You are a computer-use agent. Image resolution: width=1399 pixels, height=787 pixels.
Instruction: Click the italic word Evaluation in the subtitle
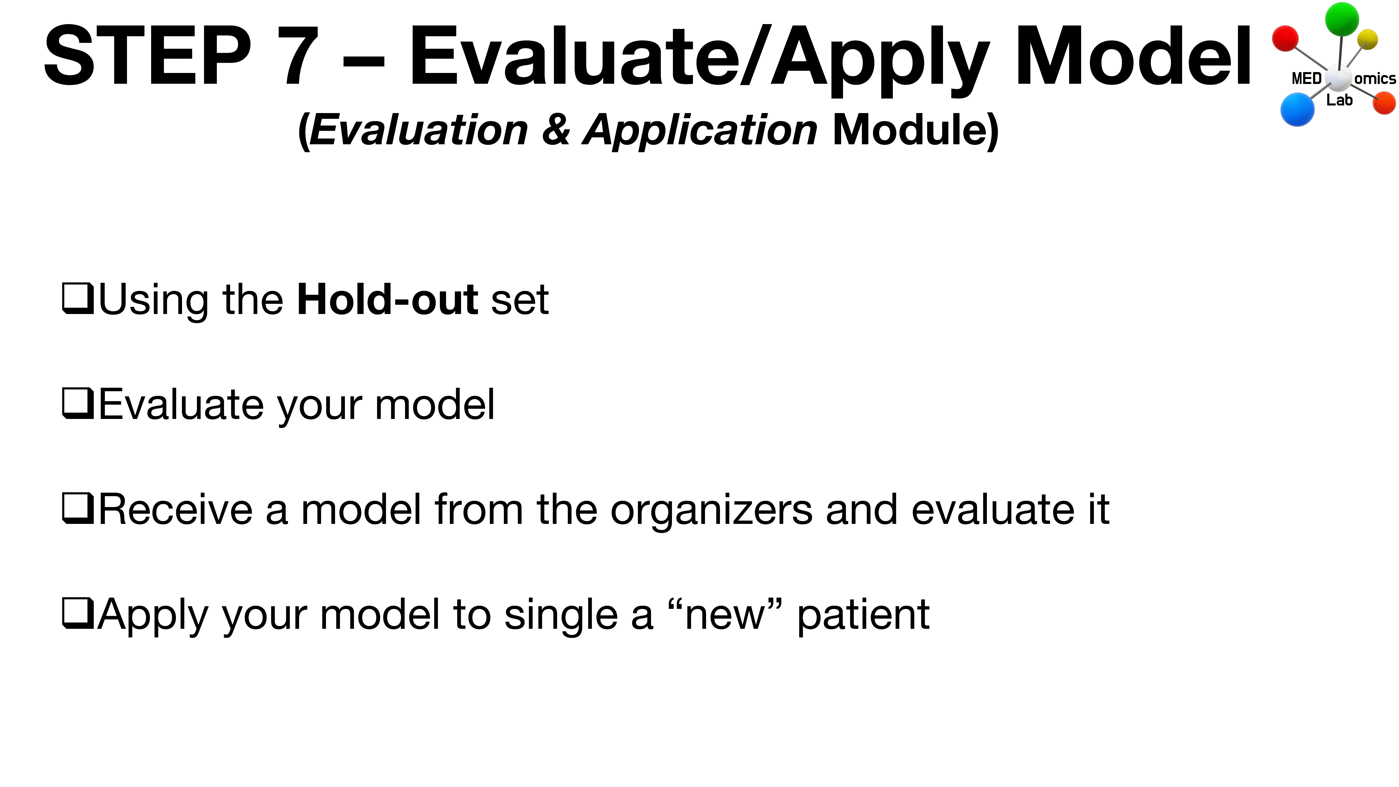418,130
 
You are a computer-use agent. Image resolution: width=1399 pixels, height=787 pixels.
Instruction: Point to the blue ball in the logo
1297,109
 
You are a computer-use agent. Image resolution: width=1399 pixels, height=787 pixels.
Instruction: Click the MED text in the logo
1306,79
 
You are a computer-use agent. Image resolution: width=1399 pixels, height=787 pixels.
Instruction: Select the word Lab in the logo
1339,100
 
